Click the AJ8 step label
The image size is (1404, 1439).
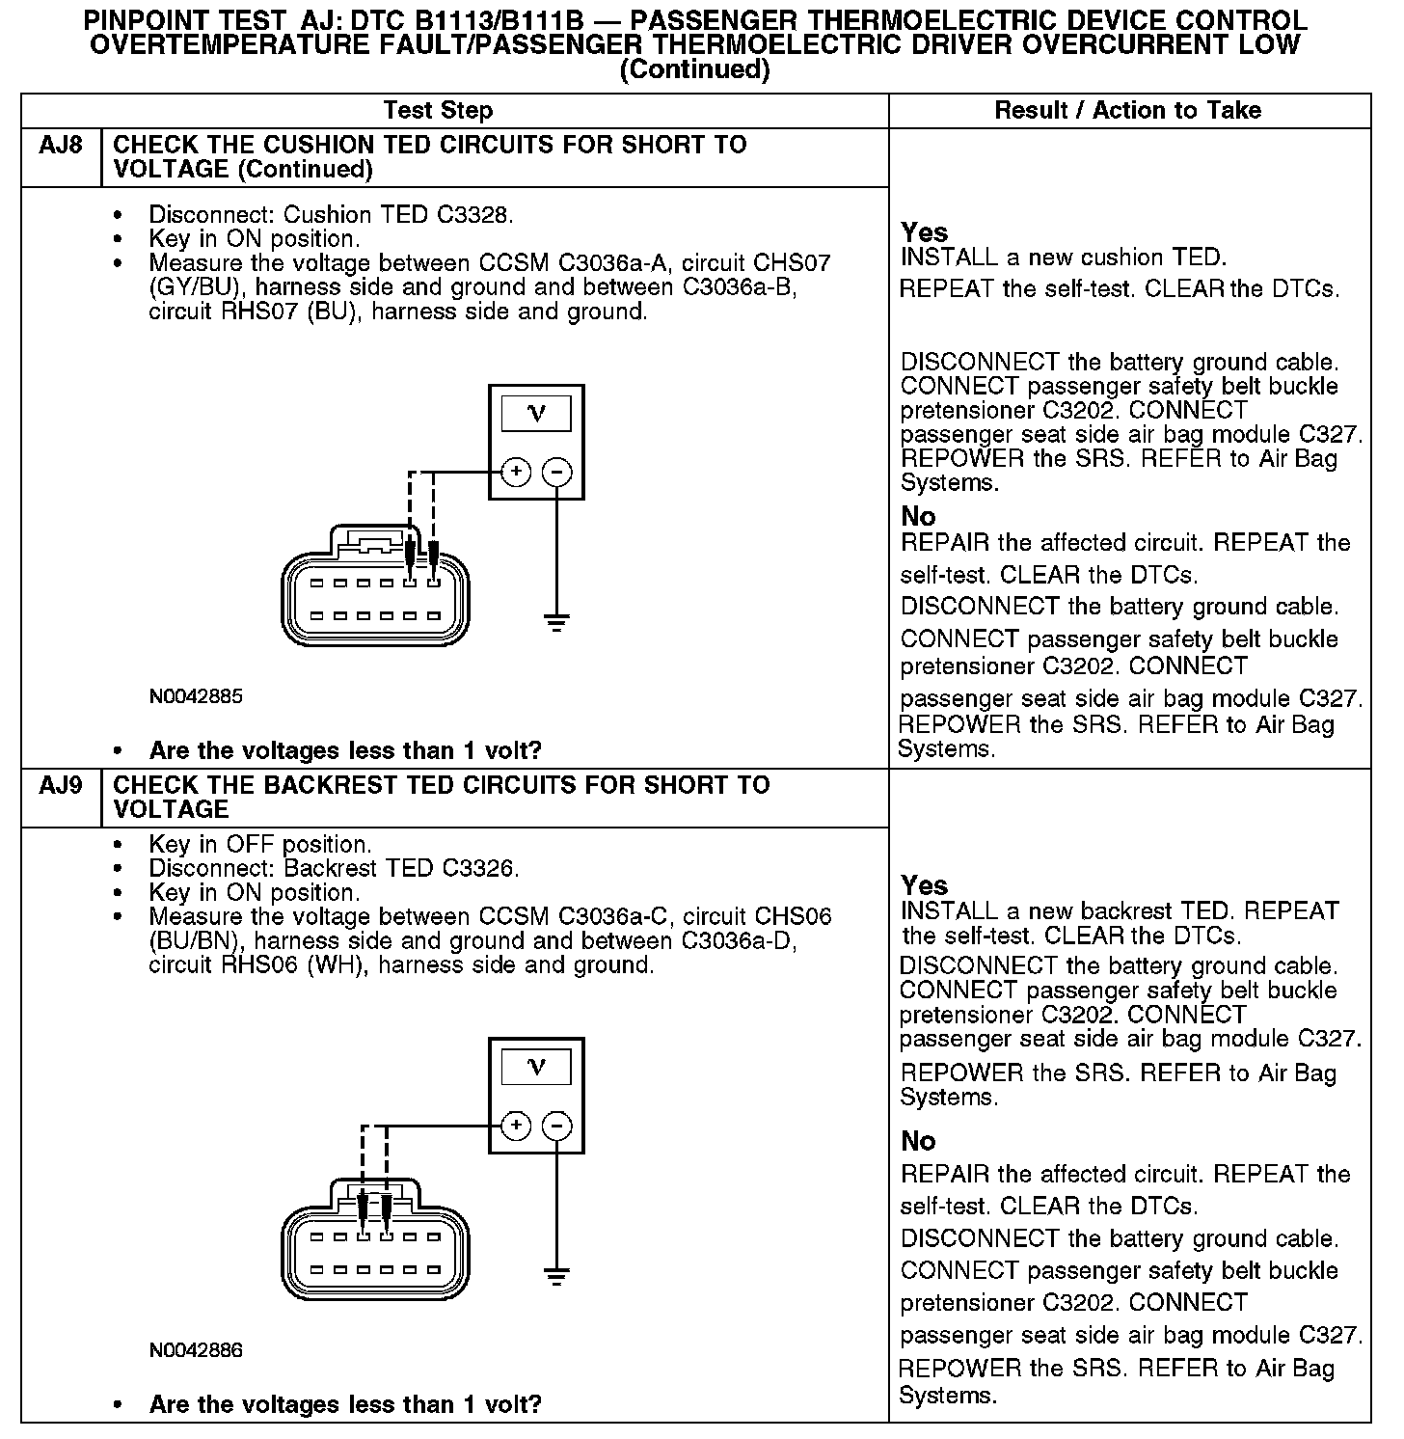tap(60, 146)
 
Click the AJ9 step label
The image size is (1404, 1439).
tap(60, 785)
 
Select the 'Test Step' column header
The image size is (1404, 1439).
tap(438, 111)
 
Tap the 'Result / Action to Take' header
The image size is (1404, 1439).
tap(1127, 111)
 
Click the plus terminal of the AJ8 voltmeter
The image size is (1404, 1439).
tap(517, 472)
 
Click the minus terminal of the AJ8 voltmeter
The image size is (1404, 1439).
tap(557, 472)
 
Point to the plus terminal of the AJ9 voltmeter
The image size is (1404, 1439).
tap(517, 1126)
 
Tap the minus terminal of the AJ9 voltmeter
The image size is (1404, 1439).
tap(557, 1126)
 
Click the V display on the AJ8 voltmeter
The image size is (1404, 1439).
tap(537, 414)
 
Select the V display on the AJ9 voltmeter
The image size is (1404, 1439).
tap(537, 1067)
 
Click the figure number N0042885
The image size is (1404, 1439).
tap(196, 696)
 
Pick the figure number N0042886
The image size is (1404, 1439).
tap(196, 1350)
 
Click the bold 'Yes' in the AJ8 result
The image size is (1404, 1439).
tap(924, 232)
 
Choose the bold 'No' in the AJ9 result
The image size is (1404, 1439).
tap(918, 1142)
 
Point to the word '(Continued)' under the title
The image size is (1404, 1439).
tap(694, 70)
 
